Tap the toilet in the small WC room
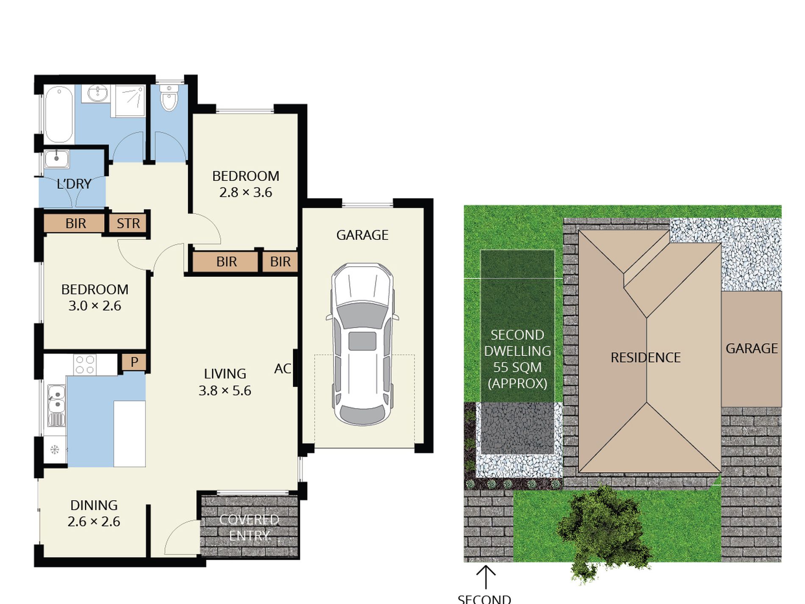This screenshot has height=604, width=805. coord(169,98)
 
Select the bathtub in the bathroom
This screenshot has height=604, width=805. coord(59,114)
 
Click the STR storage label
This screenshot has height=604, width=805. coord(128,223)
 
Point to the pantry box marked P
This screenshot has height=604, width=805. coord(134,362)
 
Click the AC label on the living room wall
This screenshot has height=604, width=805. coord(282,369)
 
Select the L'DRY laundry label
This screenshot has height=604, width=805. coord(74,184)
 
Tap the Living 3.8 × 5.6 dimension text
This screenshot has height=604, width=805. coord(225,390)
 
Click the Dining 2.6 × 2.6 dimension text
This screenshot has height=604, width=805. coord(94,521)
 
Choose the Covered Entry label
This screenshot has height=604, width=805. coord(249,528)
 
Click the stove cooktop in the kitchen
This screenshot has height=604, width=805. coord(84,365)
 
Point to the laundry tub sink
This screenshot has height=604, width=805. coord(56,159)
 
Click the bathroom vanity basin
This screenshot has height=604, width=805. coord(98,93)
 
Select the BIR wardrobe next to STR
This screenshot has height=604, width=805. coord(75,223)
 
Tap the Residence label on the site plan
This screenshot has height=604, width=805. coord(645,358)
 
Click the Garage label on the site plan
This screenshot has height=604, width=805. coord(752,348)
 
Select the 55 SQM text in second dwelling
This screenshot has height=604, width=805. coord(517,367)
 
